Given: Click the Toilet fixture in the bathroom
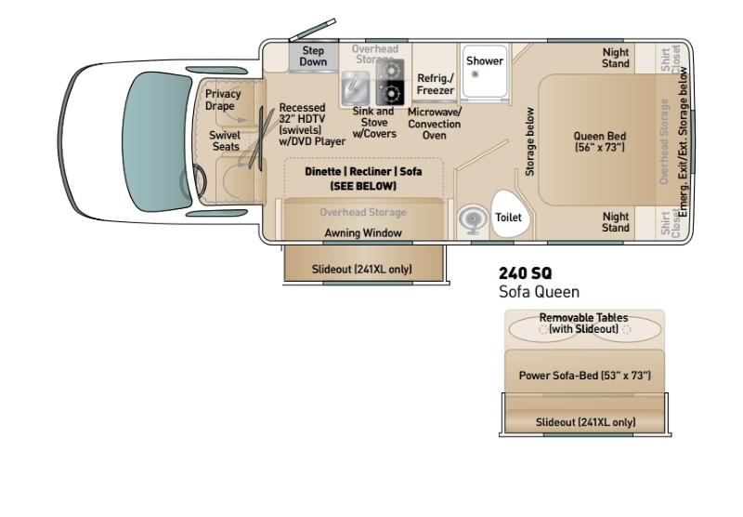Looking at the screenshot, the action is (x=510, y=215).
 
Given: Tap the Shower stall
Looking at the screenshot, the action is (x=484, y=73).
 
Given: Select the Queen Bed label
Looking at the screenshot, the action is (x=600, y=141).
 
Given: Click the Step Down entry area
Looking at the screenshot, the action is (x=313, y=57).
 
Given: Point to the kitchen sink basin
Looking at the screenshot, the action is (x=355, y=87).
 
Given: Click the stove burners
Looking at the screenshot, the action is (x=390, y=83).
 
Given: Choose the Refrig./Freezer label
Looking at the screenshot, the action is (x=436, y=84).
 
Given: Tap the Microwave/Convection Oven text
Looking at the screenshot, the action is (x=434, y=124).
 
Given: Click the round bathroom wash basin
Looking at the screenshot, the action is (x=473, y=219).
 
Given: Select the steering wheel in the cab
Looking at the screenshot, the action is (x=194, y=180).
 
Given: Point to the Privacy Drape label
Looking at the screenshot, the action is (x=223, y=99).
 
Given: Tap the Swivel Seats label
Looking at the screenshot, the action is (x=225, y=140).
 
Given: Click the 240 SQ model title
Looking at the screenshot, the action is (x=526, y=273).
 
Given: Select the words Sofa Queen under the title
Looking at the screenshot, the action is (x=540, y=292).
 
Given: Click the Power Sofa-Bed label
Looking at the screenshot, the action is (x=585, y=375).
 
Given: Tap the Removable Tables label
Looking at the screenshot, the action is (x=583, y=323).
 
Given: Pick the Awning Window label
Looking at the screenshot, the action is (x=363, y=232).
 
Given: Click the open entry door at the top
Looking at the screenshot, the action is (x=313, y=30).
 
